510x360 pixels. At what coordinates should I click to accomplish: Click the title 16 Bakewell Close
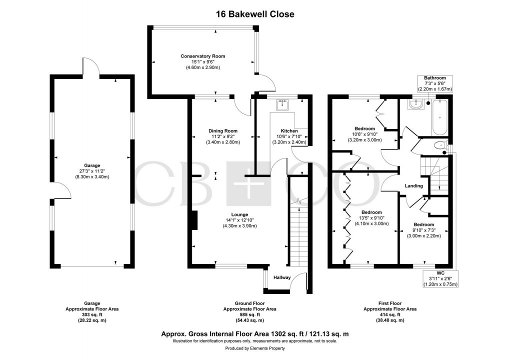(255, 14)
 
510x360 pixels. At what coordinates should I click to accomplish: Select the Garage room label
(92, 165)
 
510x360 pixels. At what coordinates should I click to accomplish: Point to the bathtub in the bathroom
(439, 117)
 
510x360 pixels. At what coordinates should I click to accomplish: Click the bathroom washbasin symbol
(415, 104)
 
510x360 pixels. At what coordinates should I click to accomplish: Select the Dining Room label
(222, 131)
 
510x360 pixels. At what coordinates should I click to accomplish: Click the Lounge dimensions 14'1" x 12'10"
(240, 219)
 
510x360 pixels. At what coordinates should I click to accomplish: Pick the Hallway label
(281, 277)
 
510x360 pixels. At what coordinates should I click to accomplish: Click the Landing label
(414, 186)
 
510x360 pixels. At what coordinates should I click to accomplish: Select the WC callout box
(440, 278)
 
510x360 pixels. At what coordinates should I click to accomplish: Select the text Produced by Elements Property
(255, 348)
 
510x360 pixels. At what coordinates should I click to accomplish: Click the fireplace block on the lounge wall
(194, 220)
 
